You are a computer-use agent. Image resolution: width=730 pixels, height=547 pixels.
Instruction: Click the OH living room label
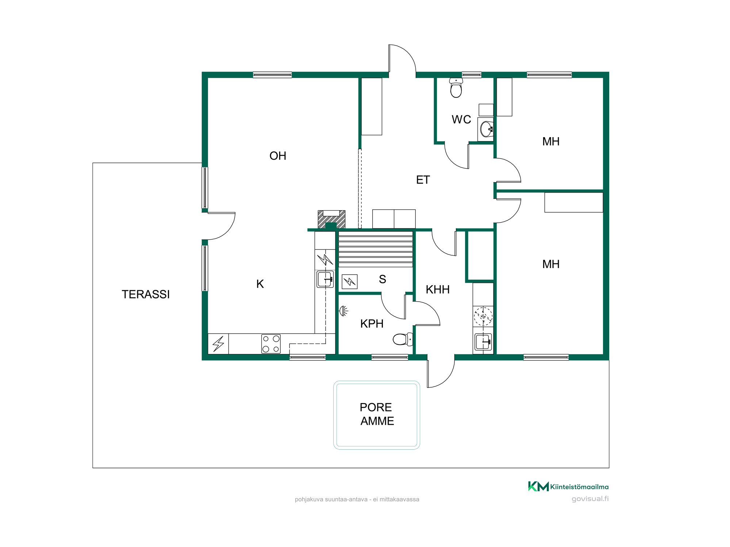click(278, 156)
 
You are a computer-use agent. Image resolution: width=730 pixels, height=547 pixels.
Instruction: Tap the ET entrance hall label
click(423, 180)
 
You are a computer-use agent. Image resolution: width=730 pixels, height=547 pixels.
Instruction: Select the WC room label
click(461, 119)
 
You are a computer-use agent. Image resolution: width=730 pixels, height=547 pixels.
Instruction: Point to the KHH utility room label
click(438, 290)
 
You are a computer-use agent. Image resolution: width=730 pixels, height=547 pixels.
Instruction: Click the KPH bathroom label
click(372, 323)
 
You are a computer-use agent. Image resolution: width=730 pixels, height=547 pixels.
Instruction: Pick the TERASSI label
click(146, 294)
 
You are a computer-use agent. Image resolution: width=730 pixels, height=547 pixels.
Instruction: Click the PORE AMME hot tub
click(377, 415)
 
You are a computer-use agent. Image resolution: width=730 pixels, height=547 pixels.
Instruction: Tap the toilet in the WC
click(456, 88)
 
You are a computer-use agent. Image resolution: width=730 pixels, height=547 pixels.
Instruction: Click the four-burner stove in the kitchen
click(271, 344)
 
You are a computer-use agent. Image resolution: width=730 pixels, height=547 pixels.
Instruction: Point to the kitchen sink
click(325, 279)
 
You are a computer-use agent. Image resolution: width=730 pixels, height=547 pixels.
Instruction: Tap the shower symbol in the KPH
click(343, 311)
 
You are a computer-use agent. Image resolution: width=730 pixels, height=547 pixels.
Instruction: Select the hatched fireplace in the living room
click(331, 220)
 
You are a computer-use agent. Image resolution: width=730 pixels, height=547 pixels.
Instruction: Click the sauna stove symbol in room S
click(350, 282)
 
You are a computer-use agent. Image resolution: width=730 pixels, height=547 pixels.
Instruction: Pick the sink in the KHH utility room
click(483, 342)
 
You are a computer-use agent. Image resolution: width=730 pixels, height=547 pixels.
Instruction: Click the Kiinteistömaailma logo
click(568, 486)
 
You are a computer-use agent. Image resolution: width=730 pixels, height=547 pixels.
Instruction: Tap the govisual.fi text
click(590, 499)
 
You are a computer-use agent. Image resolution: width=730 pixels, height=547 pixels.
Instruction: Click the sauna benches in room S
click(376, 249)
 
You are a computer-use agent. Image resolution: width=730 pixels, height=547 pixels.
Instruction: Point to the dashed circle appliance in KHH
click(483, 316)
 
